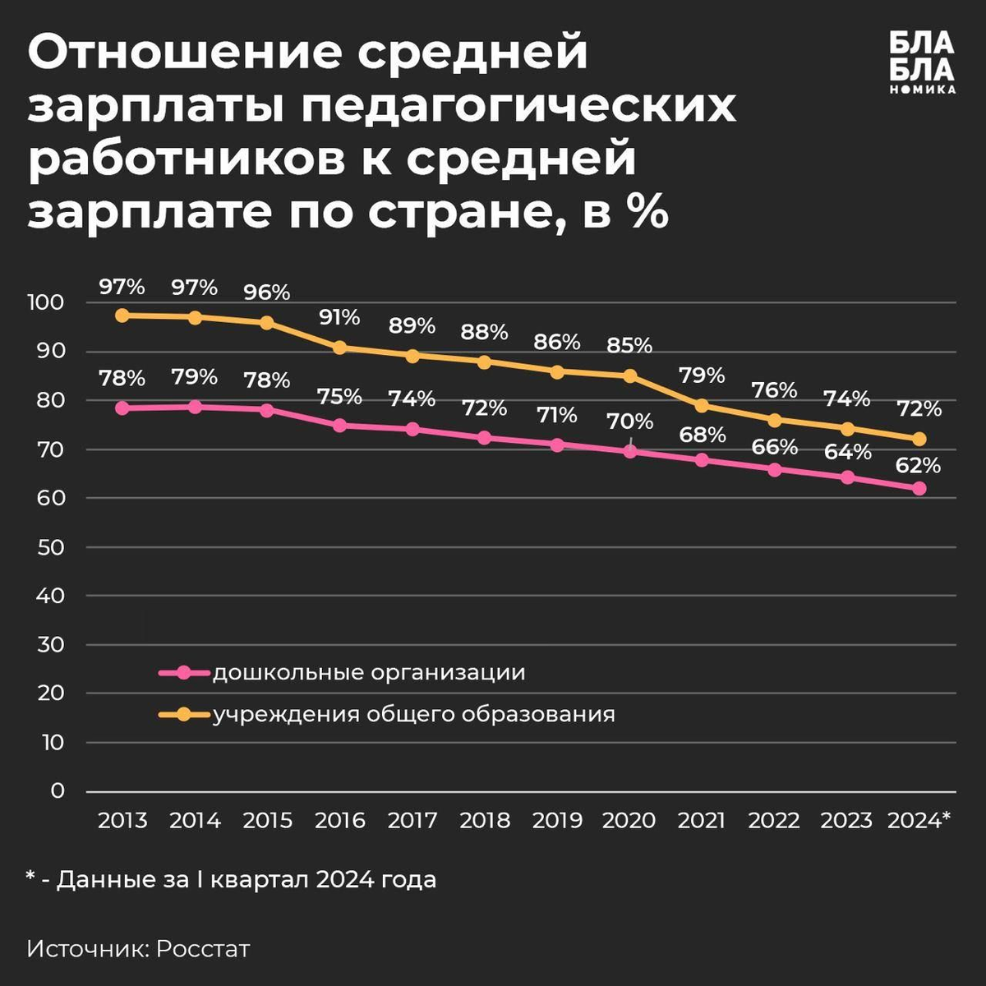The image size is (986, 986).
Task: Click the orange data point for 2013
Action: (122, 316)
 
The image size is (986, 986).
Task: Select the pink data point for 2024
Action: (919, 488)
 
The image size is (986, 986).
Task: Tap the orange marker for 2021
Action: (702, 405)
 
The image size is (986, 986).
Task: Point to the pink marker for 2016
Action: (340, 426)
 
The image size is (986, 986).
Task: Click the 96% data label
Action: (267, 293)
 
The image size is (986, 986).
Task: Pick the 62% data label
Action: (919, 466)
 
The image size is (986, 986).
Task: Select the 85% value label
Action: (629, 345)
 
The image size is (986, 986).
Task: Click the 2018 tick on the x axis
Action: (485, 820)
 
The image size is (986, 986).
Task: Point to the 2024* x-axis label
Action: (919, 820)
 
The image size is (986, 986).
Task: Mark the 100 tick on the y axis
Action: (45, 302)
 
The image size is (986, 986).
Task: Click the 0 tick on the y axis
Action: (57, 790)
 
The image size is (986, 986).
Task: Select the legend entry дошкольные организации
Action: (369, 673)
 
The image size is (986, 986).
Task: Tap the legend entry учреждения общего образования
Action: (414, 714)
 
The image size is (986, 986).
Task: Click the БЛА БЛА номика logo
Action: (922, 62)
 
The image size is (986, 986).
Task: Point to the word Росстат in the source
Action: (203, 949)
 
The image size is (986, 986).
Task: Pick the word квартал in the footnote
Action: (259, 880)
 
